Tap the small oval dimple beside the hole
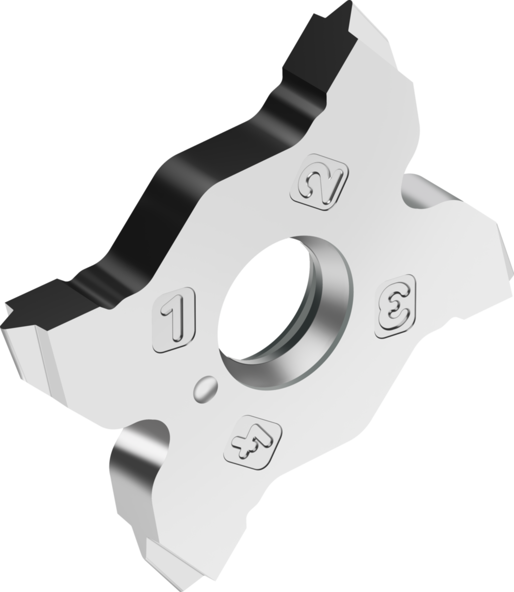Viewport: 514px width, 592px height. [205, 389]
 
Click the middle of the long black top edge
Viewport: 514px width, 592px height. [201, 166]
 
